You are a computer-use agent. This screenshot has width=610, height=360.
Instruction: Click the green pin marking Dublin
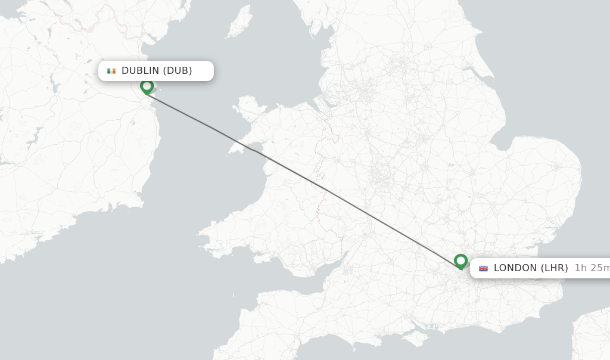point(147,87)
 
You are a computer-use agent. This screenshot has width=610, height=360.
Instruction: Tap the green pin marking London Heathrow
point(460,261)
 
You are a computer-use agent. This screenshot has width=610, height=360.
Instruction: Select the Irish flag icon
point(111,71)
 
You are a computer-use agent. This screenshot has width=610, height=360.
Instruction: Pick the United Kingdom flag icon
point(483,268)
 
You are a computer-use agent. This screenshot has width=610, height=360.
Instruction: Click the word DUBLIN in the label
point(141,71)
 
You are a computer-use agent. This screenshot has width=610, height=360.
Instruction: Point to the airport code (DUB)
point(178,71)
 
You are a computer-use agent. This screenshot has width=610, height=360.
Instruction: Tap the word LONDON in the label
point(515,268)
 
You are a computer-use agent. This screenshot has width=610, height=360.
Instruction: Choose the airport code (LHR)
point(554,268)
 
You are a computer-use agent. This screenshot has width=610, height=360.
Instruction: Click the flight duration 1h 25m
point(591,268)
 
